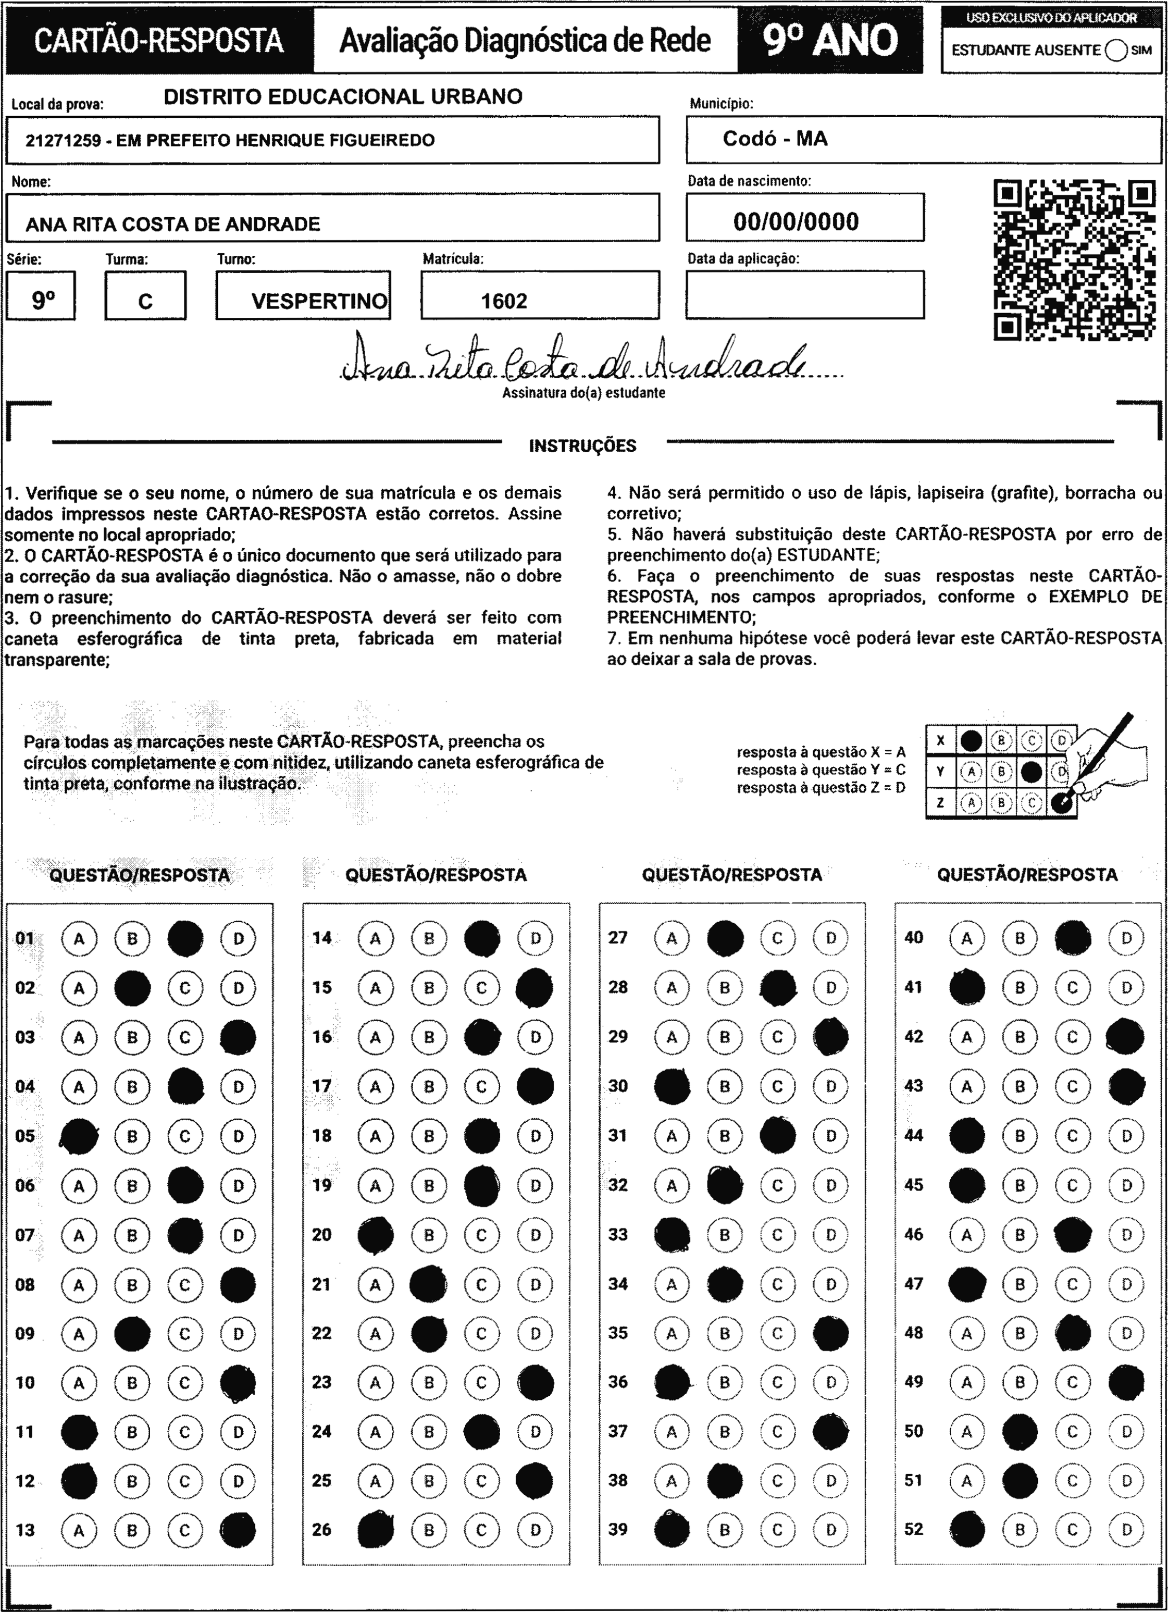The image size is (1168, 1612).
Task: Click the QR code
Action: click(1074, 260)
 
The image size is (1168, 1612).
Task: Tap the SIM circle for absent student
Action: click(1116, 51)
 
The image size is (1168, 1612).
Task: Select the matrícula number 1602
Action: click(504, 301)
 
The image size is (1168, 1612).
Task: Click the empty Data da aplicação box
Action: click(805, 294)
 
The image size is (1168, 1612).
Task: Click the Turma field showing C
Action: click(145, 301)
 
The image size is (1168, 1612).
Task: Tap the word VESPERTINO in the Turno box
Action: click(319, 301)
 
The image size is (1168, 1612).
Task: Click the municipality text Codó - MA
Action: click(775, 139)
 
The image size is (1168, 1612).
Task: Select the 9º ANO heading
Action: click(830, 41)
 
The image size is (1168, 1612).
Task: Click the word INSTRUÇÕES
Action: click(582, 447)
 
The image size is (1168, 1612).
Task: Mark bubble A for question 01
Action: click(79, 939)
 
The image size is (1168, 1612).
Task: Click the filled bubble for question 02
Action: click(132, 988)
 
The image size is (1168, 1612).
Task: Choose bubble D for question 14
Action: click(536, 939)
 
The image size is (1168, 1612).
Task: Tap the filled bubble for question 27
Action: click(725, 938)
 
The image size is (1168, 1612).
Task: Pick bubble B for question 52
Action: click(1020, 1530)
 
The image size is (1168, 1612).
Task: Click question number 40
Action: click(913, 937)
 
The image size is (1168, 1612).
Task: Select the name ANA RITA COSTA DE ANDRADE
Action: click(173, 225)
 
